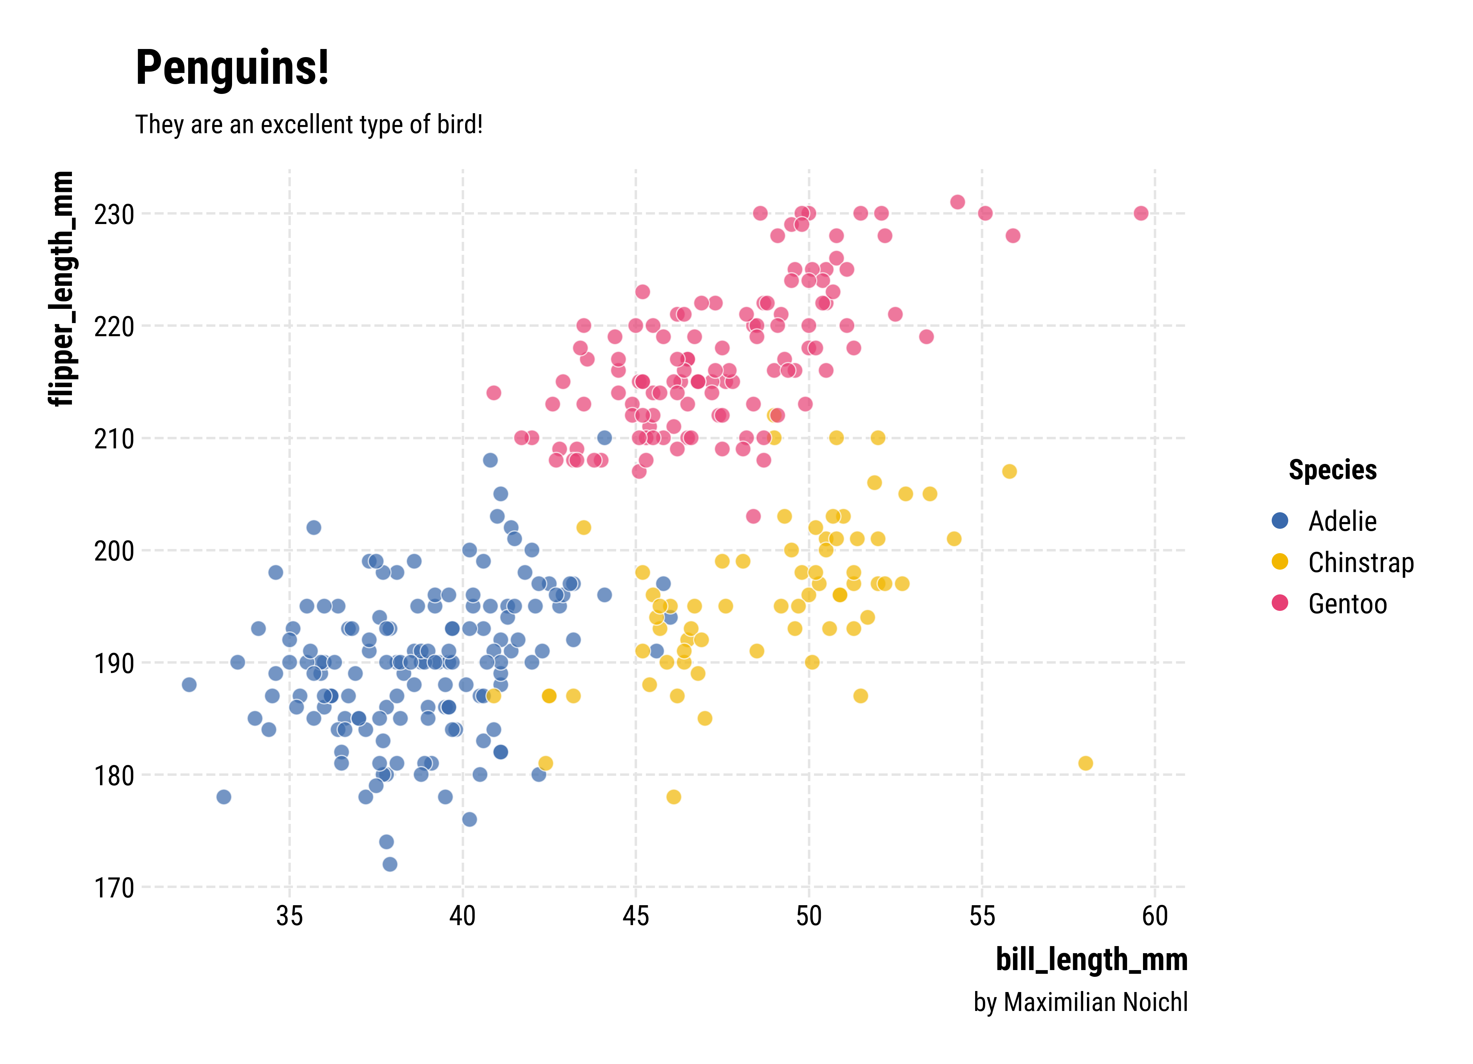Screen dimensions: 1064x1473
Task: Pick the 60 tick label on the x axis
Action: (1155, 916)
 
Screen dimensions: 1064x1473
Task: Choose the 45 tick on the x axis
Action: (635, 916)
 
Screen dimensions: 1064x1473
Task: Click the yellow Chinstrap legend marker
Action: (1279, 562)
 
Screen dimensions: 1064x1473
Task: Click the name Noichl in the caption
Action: (1155, 1002)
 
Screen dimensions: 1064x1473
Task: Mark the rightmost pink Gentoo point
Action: (1141, 213)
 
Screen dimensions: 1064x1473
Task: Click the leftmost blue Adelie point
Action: (189, 685)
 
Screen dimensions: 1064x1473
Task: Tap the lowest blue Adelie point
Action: (390, 864)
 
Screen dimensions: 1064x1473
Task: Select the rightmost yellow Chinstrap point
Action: (1085, 763)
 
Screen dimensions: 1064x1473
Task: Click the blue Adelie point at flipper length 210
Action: (604, 438)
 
